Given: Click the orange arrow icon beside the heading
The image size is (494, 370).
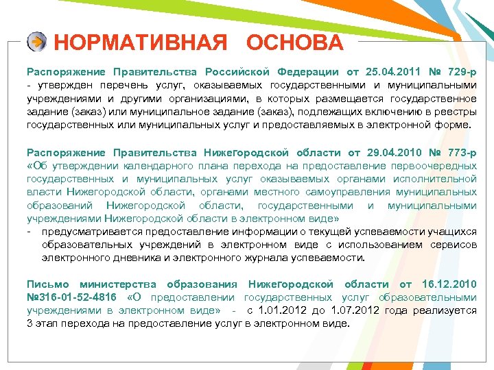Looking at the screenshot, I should (x=36, y=42).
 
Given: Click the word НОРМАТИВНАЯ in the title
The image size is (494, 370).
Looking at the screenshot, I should (x=140, y=43).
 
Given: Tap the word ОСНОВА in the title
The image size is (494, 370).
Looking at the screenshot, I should (x=294, y=43).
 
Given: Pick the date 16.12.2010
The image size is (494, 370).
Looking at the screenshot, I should (x=449, y=284).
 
